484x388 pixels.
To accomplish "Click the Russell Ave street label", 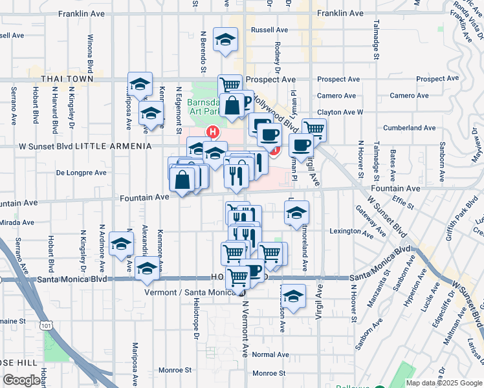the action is (269, 30).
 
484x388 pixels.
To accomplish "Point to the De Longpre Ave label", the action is (81, 173).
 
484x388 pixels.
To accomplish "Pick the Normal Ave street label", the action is (270, 354).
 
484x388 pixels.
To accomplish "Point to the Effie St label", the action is (406, 204).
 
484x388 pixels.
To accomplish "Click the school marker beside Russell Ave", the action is (225, 39).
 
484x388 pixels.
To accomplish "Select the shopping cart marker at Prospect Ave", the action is (230, 83).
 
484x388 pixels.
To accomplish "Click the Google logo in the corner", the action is (21, 380).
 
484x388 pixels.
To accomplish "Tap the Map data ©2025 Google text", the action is (444, 383).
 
